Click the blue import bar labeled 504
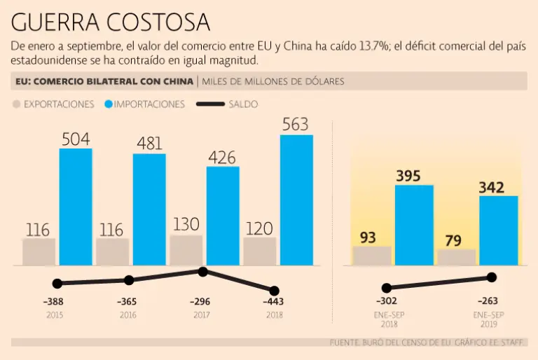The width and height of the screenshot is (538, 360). click(75, 207)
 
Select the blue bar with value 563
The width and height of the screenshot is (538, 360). click(296, 200)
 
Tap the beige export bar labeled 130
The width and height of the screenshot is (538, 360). click(186, 250)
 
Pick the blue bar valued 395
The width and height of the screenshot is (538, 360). click(414, 225)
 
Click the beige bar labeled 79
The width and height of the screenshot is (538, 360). click(456, 257)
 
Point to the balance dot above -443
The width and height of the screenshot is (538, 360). click(274, 291)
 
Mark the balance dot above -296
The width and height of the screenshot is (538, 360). click(202, 272)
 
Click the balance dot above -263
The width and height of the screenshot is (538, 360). click(492, 277)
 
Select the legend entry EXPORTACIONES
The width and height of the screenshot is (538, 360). click(53, 104)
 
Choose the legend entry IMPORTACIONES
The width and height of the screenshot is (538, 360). click(144, 104)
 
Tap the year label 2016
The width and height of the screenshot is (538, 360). click(128, 315)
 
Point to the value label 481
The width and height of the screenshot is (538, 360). click(149, 143)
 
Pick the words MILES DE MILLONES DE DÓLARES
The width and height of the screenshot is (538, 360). click(273, 81)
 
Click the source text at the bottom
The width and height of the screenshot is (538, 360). click(428, 343)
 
